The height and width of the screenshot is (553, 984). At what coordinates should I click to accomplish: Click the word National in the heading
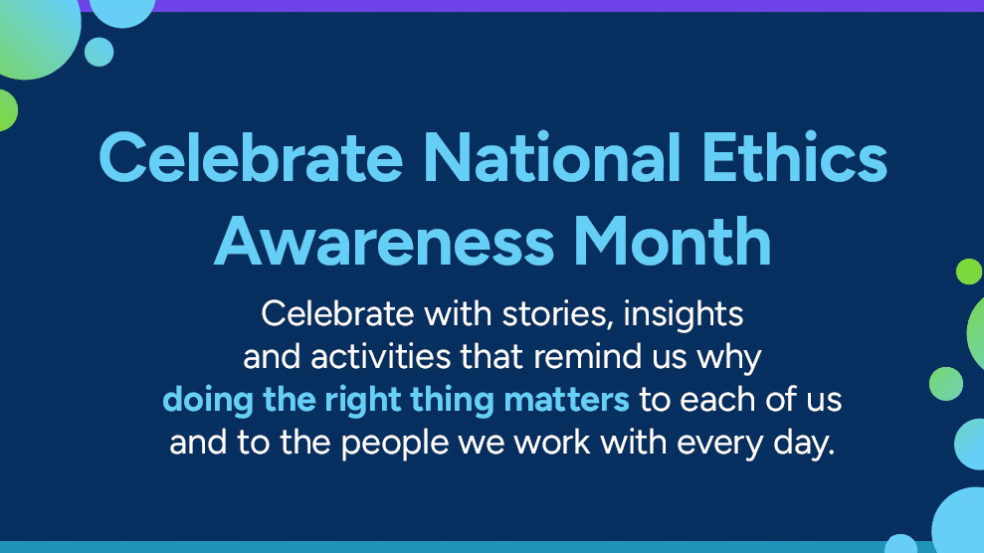552,157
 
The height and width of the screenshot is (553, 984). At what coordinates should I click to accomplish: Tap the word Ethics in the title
795,157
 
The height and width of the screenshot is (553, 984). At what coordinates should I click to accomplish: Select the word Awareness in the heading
384,242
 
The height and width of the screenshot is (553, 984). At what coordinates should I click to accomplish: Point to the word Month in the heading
673,242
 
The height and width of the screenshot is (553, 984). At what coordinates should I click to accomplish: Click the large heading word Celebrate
251,157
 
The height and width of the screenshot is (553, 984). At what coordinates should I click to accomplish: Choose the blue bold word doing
208,400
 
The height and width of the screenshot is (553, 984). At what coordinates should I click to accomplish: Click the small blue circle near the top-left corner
99,52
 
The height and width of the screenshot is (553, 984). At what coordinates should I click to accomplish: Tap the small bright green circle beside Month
969,272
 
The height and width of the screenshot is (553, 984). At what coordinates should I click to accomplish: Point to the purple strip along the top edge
565,6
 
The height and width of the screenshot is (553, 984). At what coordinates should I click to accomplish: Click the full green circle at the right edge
946,384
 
